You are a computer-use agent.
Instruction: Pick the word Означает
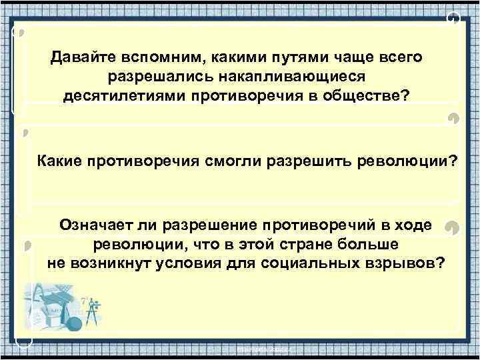click(x=90, y=225)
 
